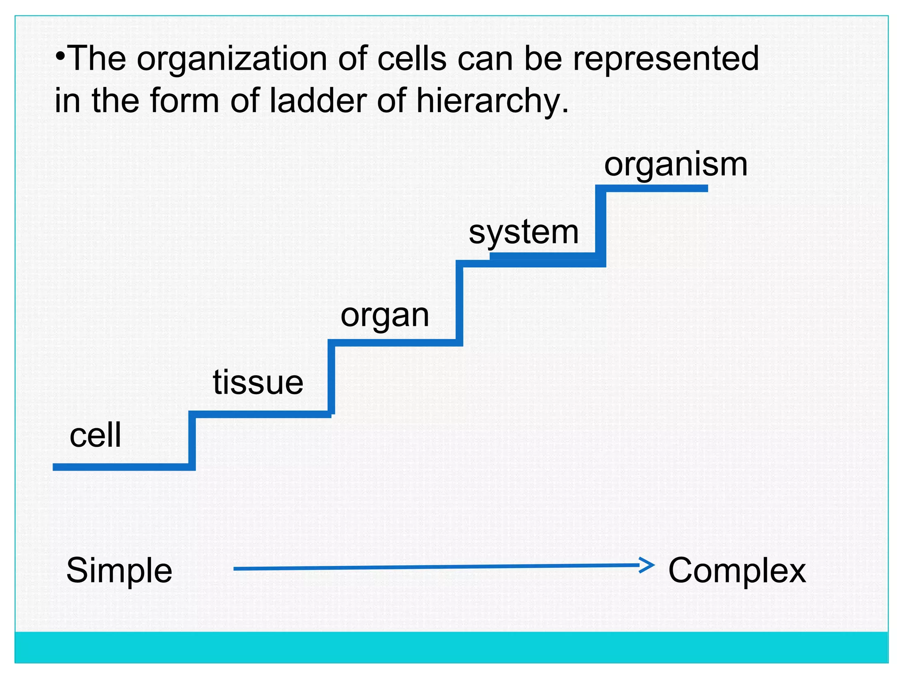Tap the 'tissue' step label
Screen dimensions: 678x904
tap(258, 382)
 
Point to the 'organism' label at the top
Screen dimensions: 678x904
tap(676, 165)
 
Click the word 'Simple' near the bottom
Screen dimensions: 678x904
tap(119, 570)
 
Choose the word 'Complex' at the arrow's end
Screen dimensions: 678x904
tap(737, 570)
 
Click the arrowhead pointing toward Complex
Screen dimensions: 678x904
tap(648, 565)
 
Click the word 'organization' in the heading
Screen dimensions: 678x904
tap(232, 59)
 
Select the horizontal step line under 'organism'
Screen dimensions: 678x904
tap(653, 188)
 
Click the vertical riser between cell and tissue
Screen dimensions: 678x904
tap(192, 441)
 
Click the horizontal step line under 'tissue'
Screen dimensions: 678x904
tap(260, 414)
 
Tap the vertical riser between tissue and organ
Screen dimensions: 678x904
tap(331, 377)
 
